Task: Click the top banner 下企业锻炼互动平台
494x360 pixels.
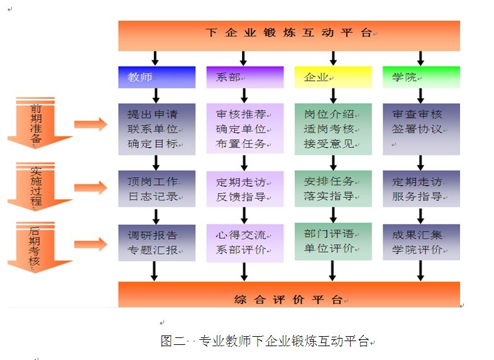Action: [288, 33]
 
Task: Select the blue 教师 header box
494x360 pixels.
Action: [156, 77]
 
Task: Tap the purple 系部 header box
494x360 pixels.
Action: [244, 77]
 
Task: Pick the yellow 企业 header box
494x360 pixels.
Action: [333, 77]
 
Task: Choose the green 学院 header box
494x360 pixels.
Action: [421, 77]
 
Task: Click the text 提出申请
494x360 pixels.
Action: [152, 114]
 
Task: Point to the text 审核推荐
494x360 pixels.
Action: [241, 114]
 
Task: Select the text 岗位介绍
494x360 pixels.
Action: [329, 114]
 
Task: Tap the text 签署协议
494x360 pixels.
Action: [417, 129]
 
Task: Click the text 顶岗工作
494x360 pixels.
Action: [152, 182]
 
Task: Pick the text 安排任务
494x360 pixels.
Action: [329, 182]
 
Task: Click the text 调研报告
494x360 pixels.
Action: [152, 236]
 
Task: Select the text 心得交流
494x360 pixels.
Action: [241, 236]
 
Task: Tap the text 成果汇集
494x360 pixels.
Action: [417, 236]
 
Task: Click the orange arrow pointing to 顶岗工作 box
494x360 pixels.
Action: [91, 188]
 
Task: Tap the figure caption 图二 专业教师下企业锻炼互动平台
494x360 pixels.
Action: [265, 342]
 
